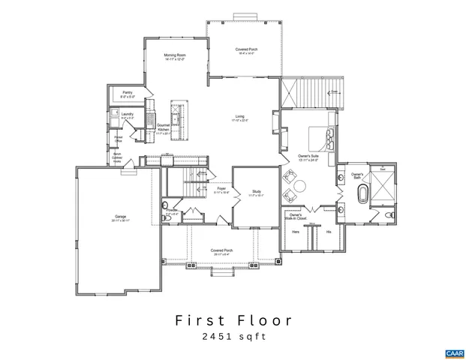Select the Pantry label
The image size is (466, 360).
point(128,95)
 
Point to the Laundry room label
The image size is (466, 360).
point(128,115)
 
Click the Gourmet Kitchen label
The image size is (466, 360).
point(164,129)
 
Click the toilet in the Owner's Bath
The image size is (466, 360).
point(389,215)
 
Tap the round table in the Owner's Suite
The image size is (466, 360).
point(300,187)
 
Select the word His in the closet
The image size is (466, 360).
point(328,232)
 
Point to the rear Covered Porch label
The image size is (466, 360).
point(246,52)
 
